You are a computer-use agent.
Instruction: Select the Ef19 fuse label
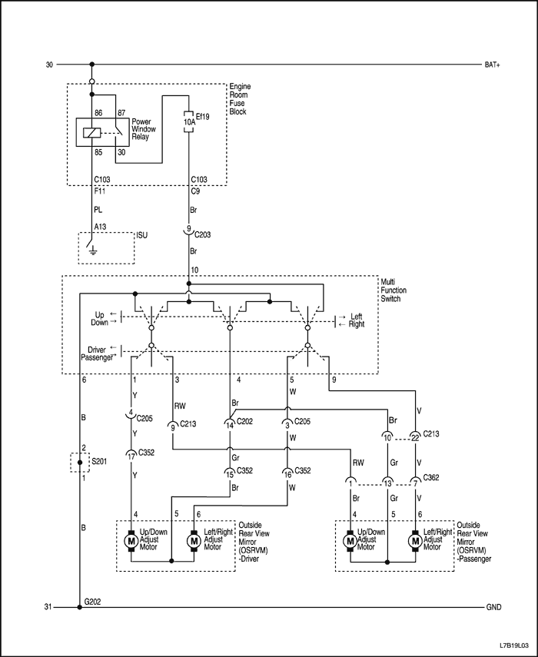202,116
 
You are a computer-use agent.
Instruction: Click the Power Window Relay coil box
91,133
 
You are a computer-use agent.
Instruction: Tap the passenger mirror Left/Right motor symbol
416,541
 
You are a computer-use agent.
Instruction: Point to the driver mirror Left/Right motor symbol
193,541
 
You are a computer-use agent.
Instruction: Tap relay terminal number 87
121,114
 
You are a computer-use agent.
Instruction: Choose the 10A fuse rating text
189,122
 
